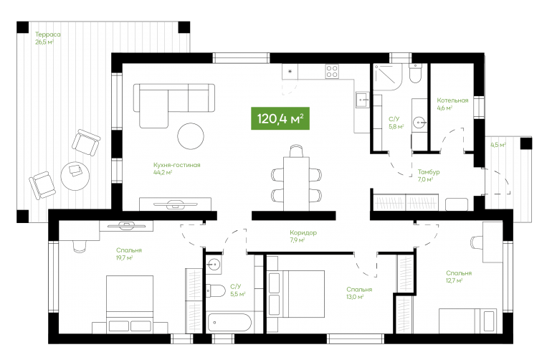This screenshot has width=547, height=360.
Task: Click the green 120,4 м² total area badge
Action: pyautogui.click(x=280, y=118)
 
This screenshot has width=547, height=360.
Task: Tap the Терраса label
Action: pyautogui.click(x=48, y=34)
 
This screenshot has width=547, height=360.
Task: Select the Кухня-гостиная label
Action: pyautogui.click(x=177, y=165)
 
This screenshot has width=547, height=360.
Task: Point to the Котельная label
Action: pyautogui.click(x=452, y=100)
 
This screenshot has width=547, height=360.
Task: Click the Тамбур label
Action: pyautogui.click(x=429, y=172)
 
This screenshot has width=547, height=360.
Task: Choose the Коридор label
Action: pyautogui.click(x=303, y=232)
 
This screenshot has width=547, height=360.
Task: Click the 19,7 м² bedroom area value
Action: pyautogui.click(x=125, y=258)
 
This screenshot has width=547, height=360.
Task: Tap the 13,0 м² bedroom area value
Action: pyautogui.click(x=355, y=297)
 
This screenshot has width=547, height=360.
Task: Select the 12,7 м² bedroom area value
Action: pyautogui.click(x=455, y=280)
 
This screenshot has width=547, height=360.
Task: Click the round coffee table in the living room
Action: pyautogui.click(x=191, y=136)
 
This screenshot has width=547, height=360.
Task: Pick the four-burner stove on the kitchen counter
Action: pyautogui.click(x=332, y=72)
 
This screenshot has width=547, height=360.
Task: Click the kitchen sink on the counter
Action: pyautogui.click(x=363, y=100)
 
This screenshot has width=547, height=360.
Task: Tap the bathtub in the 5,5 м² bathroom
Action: pyautogui.click(x=229, y=323)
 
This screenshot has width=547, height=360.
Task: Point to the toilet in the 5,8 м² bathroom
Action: pyautogui.click(x=416, y=73)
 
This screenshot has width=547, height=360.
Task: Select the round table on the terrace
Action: pyautogui.click(x=75, y=176)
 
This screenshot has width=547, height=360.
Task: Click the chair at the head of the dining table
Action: pyautogui.click(x=296, y=151)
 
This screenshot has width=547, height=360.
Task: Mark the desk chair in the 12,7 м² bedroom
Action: pyautogui.click(x=477, y=242)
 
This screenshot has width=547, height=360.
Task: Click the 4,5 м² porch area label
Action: pyautogui.click(x=498, y=145)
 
